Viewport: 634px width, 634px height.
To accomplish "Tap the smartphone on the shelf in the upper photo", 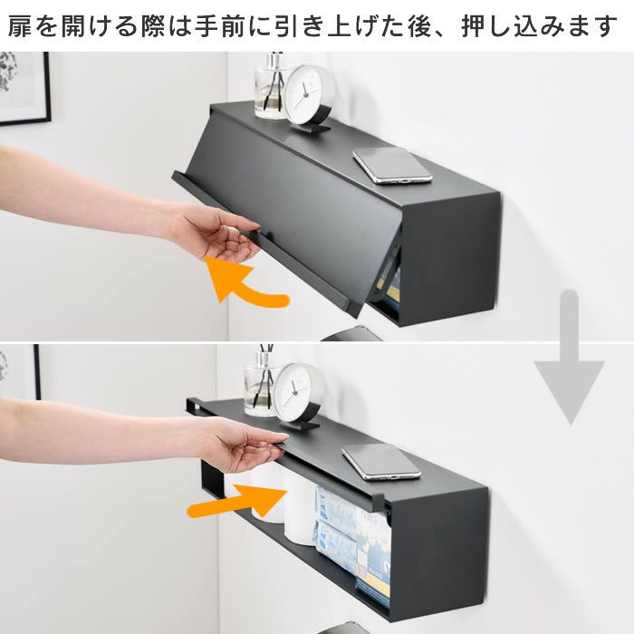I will (392, 164).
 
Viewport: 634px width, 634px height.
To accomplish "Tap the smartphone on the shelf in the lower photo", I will (380, 461).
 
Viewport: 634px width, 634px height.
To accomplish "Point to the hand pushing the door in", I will (240, 444).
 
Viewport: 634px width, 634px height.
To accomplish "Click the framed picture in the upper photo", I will (23, 86).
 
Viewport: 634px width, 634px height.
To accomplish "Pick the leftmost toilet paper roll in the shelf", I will (268, 494).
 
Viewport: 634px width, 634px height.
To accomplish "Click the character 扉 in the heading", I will (20, 26).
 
